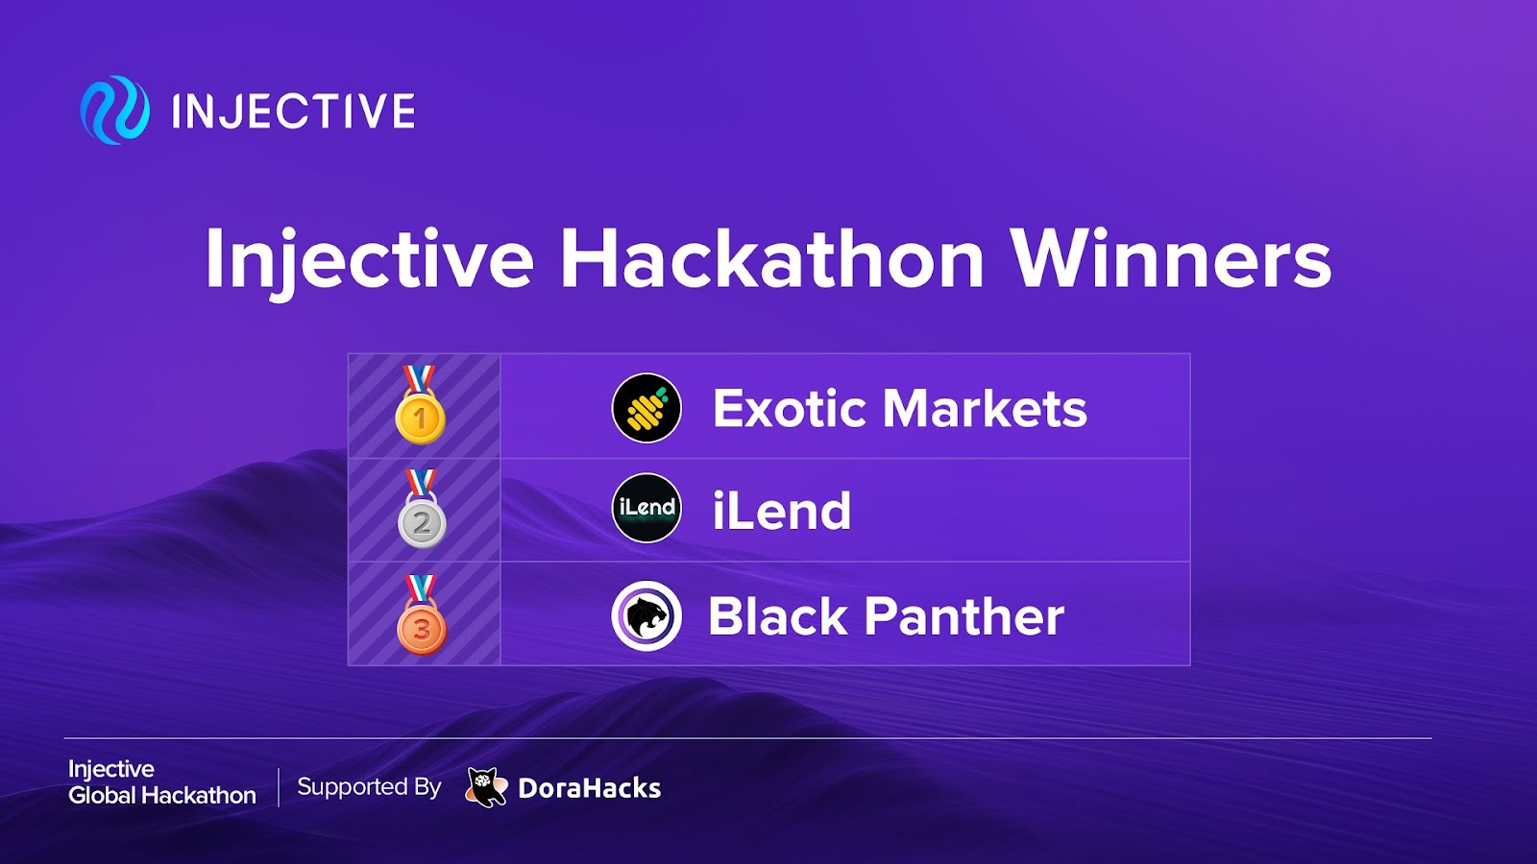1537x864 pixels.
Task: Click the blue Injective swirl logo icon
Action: pos(114,109)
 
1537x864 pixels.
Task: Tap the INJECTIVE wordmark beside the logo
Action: pos(294,111)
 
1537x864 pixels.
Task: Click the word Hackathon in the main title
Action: pos(772,260)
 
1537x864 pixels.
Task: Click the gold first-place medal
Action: pos(420,404)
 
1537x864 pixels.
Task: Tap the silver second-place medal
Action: pos(422,509)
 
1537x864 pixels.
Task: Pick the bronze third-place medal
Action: pos(422,614)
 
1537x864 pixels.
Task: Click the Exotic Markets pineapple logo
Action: pos(647,407)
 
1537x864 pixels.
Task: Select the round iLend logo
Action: pos(647,508)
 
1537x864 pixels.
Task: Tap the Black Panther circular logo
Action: pos(647,615)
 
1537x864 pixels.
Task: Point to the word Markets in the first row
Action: pos(986,409)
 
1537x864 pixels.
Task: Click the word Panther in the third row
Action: pos(964,615)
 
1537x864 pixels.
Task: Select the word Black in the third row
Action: pos(778,615)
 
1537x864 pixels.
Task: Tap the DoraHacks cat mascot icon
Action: pos(486,787)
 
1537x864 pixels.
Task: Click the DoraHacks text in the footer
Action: pos(590,788)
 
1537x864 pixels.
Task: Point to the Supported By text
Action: pos(369,787)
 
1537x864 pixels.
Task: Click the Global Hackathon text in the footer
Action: pos(162,796)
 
